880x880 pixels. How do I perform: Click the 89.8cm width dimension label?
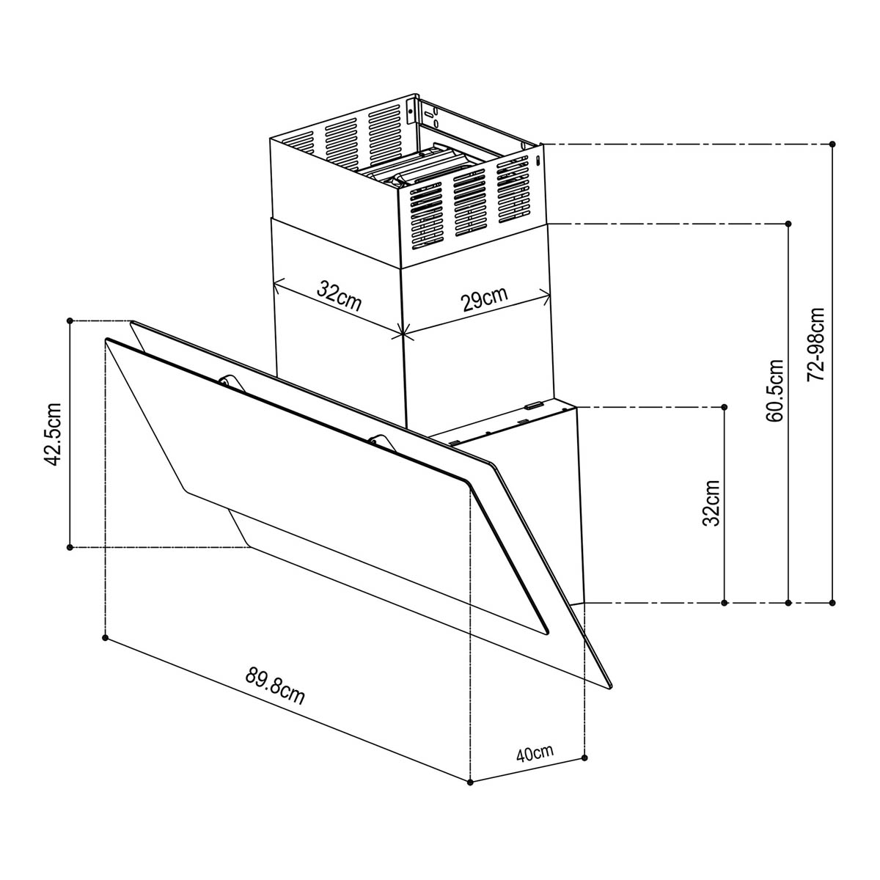(x=275, y=686)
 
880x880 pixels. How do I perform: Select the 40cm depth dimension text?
(x=534, y=753)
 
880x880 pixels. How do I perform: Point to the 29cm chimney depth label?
(x=484, y=300)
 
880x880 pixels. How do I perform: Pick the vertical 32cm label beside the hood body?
(x=711, y=503)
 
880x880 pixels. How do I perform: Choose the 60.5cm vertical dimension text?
(x=774, y=391)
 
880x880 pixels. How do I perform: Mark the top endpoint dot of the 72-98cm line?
(x=832, y=144)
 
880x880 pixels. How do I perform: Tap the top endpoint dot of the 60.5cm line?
(x=788, y=223)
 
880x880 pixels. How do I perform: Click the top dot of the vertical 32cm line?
(x=724, y=406)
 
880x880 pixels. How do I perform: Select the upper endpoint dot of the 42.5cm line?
(x=70, y=320)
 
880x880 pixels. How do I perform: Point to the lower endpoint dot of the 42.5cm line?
(x=70, y=547)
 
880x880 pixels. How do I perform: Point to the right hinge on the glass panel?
(x=378, y=439)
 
